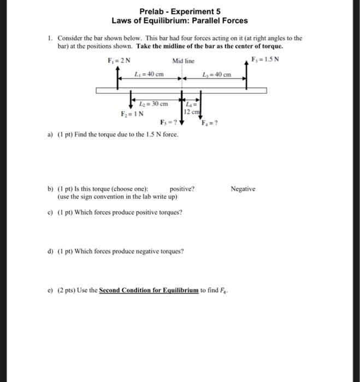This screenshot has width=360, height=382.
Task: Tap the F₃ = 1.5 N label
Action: pyautogui.click(x=264, y=59)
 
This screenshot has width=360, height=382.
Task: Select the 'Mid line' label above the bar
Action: pyautogui.click(x=183, y=61)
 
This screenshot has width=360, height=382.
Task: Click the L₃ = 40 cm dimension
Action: pyautogui.click(x=217, y=74)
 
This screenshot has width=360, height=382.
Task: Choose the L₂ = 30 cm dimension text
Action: pyautogui.click(x=154, y=104)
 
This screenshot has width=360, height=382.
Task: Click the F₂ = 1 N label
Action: pyautogui.click(x=132, y=114)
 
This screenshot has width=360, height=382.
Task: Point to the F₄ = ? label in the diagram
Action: pyautogui.click(x=209, y=123)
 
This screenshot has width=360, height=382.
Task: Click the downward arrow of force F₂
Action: pyautogui.click(x=131, y=100)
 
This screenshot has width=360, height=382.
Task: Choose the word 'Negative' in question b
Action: pyautogui.click(x=243, y=189)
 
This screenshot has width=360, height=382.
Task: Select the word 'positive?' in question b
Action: pyautogui.click(x=182, y=189)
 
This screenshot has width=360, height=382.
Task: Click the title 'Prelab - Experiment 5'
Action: pyautogui.click(x=180, y=11)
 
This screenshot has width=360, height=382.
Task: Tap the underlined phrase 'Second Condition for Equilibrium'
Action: pyautogui.click(x=149, y=290)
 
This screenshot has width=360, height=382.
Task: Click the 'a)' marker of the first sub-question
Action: pyautogui.click(x=50, y=134)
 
